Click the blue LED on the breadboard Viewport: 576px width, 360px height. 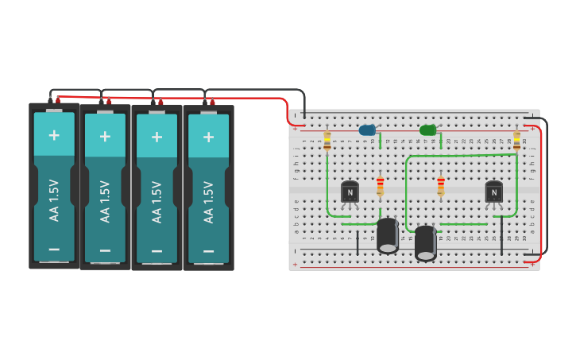[x=366, y=130]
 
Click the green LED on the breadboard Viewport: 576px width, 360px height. [x=427, y=130]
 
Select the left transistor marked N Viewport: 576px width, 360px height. [x=350, y=192]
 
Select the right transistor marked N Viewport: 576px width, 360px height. [x=493, y=192]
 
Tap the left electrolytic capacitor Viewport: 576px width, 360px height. [x=388, y=236]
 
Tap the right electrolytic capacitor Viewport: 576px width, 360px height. [x=426, y=243]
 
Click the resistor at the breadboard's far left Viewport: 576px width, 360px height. [x=327, y=141]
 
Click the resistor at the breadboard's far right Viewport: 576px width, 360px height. [x=517, y=141]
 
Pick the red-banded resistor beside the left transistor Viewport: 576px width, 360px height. [x=380, y=186]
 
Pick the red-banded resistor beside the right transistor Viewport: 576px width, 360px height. [x=441, y=186]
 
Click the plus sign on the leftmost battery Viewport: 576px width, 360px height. [x=54, y=134]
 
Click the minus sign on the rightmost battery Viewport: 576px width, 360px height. [x=208, y=249]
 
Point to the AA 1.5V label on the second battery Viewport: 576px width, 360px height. [x=105, y=201]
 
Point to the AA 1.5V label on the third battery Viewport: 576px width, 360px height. [x=157, y=201]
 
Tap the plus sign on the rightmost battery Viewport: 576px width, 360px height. [x=208, y=137]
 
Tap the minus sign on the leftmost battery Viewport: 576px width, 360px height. [x=54, y=249]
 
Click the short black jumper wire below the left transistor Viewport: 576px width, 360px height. [x=358, y=240]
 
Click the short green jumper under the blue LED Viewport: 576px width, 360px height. [x=380, y=141]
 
